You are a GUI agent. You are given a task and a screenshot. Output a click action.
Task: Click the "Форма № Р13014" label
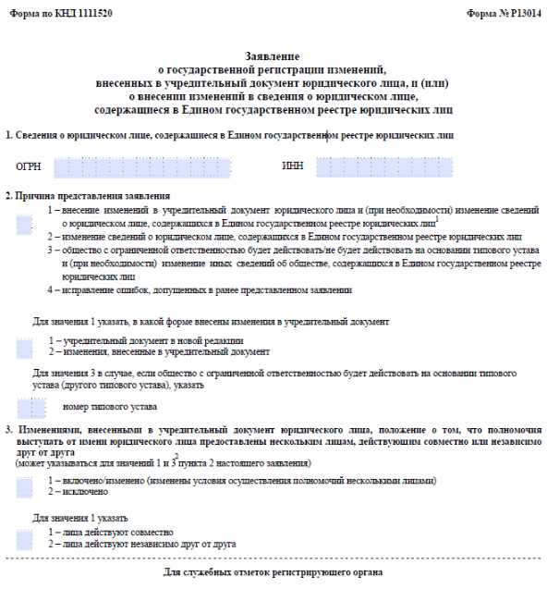[x=500, y=14]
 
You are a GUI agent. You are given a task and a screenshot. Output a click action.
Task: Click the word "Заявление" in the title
[x=273, y=56]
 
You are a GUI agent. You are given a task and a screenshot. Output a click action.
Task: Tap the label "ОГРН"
[x=30, y=168]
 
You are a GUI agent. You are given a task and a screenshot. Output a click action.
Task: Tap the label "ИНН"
[x=292, y=168]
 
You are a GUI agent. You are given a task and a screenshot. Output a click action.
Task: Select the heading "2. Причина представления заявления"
[x=88, y=196]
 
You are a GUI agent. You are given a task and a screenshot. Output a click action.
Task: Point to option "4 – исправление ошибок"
[x=200, y=289]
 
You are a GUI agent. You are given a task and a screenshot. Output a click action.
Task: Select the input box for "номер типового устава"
[x=31, y=407]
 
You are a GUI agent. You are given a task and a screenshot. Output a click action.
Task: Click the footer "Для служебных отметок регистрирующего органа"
[x=273, y=573]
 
